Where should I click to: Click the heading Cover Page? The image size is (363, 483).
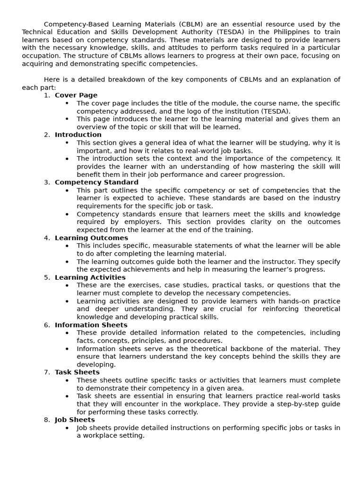tap(76, 95)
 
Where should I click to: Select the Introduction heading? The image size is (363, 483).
tap(78, 135)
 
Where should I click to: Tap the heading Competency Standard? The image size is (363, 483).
tap(96, 183)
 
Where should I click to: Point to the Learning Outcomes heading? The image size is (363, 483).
tap(91, 238)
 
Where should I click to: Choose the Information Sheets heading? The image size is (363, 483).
tap(91, 325)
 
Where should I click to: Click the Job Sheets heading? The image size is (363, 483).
tap(75, 420)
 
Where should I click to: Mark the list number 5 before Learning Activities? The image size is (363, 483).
tap(47, 278)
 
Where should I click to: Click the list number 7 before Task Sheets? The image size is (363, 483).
tap(47, 373)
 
